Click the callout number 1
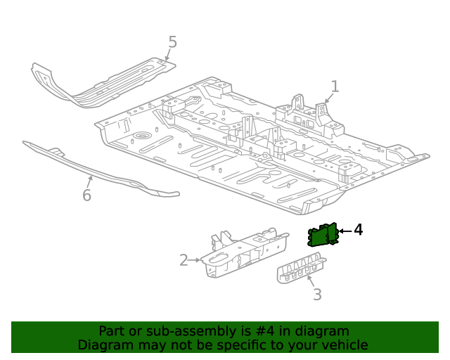click(335, 86)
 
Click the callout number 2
click(184, 261)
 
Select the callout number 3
click(317, 295)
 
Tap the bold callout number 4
click(358, 230)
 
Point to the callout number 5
click(172, 42)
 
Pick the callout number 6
click(86, 195)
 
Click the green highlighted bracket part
click(323, 236)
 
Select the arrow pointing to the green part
click(345, 231)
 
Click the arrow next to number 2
click(195, 261)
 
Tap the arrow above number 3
click(311, 281)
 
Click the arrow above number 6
click(89, 181)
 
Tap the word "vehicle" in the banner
click(344, 345)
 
